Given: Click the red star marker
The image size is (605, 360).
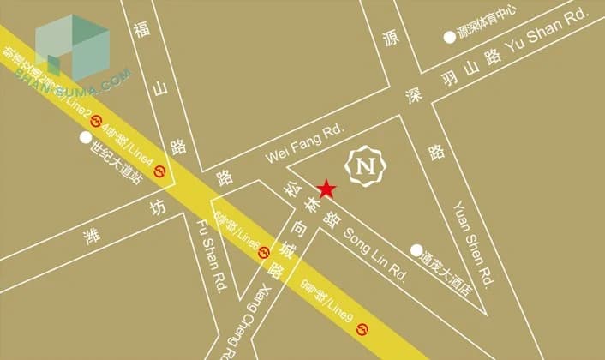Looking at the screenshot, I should (x=326, y=189).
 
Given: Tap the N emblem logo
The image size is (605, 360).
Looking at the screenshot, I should (x=364, y=164).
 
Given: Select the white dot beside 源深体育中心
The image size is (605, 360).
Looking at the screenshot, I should (x=448, y=37).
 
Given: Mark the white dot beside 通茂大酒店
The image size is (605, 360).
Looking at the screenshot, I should (x=416, y=251).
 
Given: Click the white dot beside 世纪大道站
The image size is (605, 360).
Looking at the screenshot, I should (x=85, y=137).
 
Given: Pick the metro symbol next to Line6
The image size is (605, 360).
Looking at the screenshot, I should (x=264, y=252).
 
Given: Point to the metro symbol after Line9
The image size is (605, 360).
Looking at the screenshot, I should (x=363, y=329).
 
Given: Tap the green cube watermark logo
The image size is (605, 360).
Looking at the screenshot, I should (x=73, y=45).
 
